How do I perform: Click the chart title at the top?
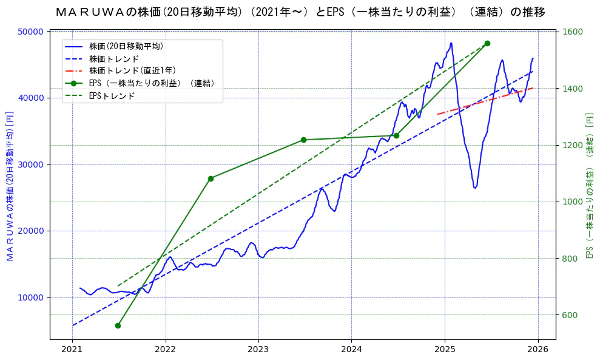click(x=300, y=12)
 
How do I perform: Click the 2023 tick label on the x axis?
click(x=258, y=349)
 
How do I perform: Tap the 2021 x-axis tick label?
click(x=72, y=349)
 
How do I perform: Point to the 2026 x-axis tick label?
click(x=538, y=349)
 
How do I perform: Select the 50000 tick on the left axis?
click(x=33, y=32)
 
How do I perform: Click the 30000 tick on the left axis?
click(x=33, y=165)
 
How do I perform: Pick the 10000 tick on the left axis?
click(x=33, y=297)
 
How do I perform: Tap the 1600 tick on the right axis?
click(x=573, y=32)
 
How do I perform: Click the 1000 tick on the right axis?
click(x=573, y=202)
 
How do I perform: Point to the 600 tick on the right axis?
click(x=573, y=315)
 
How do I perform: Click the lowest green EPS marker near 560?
click(x=118, y=325)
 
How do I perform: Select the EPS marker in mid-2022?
click(x=211, y=178)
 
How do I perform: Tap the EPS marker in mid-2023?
click(x=303, y=140)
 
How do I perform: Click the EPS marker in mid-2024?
click(x=396, y=135)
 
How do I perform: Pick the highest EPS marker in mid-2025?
click(x=487, y=44)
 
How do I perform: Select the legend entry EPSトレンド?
click(x=112, y=96)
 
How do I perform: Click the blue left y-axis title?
click(x=10, y=186)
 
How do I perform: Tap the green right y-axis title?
click(x=589, y=186)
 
